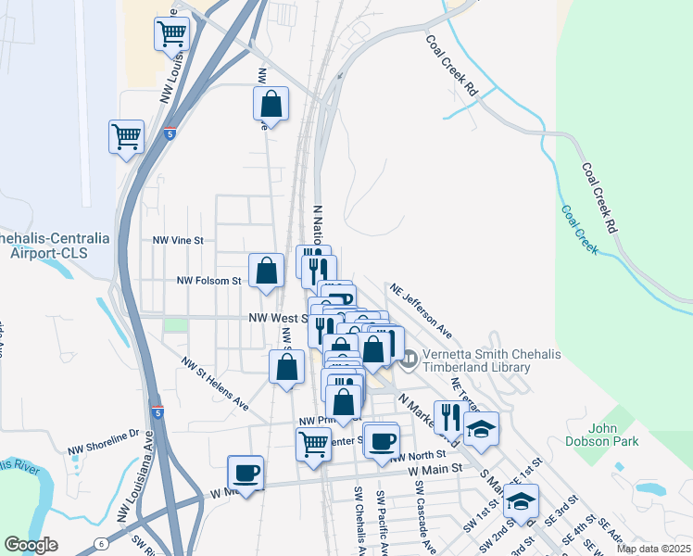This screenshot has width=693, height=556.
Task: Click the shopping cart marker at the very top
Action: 172,34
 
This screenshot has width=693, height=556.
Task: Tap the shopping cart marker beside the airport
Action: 126,138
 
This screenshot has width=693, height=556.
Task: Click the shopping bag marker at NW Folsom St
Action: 267,272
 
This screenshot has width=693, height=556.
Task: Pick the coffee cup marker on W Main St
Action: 246,473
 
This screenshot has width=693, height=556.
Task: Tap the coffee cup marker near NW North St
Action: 381,441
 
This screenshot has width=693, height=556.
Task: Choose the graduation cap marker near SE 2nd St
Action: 522,501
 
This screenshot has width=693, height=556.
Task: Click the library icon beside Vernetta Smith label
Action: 409,356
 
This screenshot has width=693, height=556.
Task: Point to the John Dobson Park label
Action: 614,435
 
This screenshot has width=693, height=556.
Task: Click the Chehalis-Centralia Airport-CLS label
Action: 54,246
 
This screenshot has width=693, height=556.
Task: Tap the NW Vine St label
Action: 177,239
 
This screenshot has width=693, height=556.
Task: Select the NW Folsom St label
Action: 208,280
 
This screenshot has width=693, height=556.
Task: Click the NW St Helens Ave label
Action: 215,384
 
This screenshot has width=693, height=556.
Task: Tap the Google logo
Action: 31,545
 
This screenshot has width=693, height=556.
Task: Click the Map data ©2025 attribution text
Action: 653,549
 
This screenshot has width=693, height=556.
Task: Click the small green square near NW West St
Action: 174,325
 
